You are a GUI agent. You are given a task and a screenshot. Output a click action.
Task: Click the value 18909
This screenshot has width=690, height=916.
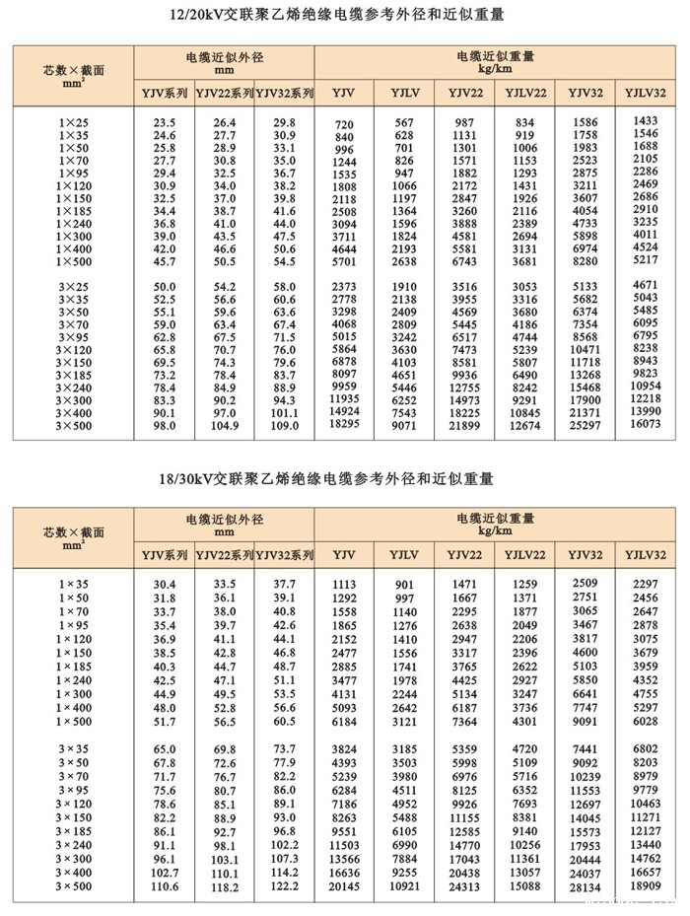click(646, 885)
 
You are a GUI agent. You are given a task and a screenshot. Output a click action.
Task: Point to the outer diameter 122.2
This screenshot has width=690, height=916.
click(284, 886)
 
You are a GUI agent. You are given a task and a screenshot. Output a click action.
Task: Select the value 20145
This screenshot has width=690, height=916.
click(344, 886)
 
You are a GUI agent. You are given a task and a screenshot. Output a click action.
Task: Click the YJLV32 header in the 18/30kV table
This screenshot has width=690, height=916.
click(646, 555)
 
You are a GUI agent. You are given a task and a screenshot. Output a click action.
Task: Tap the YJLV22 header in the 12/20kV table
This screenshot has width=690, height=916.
click(525, 93)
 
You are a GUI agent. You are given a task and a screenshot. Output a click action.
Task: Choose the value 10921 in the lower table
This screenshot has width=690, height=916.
click(404, 886)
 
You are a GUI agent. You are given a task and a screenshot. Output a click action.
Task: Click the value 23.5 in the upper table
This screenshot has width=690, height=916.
click(164, 121)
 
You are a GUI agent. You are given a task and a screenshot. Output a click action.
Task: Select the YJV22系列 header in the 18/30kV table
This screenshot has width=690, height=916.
click(224, 555)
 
